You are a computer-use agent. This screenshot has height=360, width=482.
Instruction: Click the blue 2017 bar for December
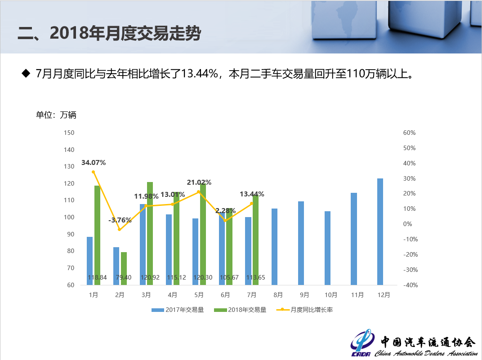tap(380, 231)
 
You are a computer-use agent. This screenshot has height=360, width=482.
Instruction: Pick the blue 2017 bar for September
tap(301, 243)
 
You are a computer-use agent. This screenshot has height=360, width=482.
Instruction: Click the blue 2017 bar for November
tap(354, 239)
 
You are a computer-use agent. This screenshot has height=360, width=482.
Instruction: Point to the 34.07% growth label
tap(94, 163)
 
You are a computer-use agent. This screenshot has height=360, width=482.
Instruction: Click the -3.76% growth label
tap(120, 220)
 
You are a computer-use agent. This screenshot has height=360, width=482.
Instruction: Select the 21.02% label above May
tap(199, 182)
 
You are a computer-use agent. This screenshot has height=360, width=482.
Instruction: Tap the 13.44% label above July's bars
tap(252, 194)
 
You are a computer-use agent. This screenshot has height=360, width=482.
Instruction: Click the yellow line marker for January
tap(94, 172)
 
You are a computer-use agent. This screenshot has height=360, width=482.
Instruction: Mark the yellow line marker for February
tap(120, 230)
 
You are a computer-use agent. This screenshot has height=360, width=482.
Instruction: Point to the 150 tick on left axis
tap(69, 133)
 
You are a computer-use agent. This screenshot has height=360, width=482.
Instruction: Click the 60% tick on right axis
tap(409, 133)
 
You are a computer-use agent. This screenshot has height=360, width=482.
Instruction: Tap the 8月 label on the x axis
tap(278, 295)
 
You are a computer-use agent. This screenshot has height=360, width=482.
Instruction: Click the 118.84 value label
tap(97, 278)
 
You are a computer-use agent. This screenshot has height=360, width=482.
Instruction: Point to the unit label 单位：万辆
tap(56, 115)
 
